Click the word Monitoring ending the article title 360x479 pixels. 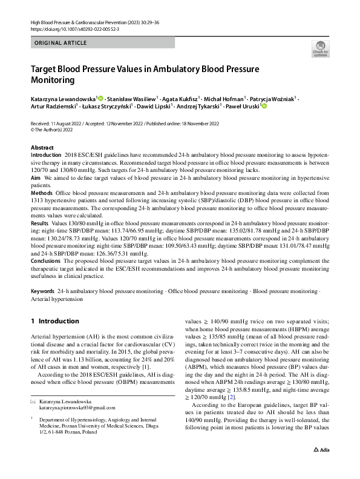54,80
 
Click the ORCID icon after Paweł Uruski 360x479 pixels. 264,107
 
